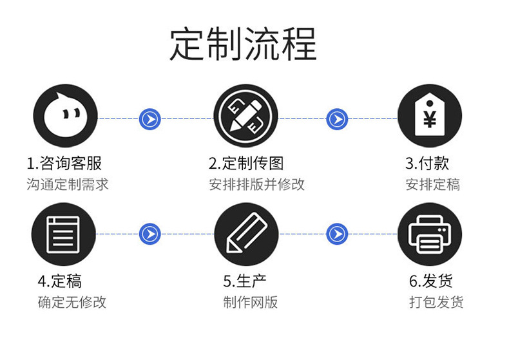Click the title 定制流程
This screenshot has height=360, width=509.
[x=244, y=44]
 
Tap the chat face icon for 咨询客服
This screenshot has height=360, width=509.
[x=64, y=117]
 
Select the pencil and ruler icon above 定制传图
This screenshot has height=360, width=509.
[x=246, y=117]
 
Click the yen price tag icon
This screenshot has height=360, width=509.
[x=430, y=117]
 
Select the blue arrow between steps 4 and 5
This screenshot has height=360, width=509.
[x=149, y=234]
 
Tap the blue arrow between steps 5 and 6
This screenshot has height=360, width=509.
[x=336, y=234]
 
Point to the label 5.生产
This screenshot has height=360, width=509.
[x=245, y=281]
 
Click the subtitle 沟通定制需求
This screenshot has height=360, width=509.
[x=68, y=185]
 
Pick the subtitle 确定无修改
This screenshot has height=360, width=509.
[x=72, y=302]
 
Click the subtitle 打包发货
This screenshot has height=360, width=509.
[x=436, y=302]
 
